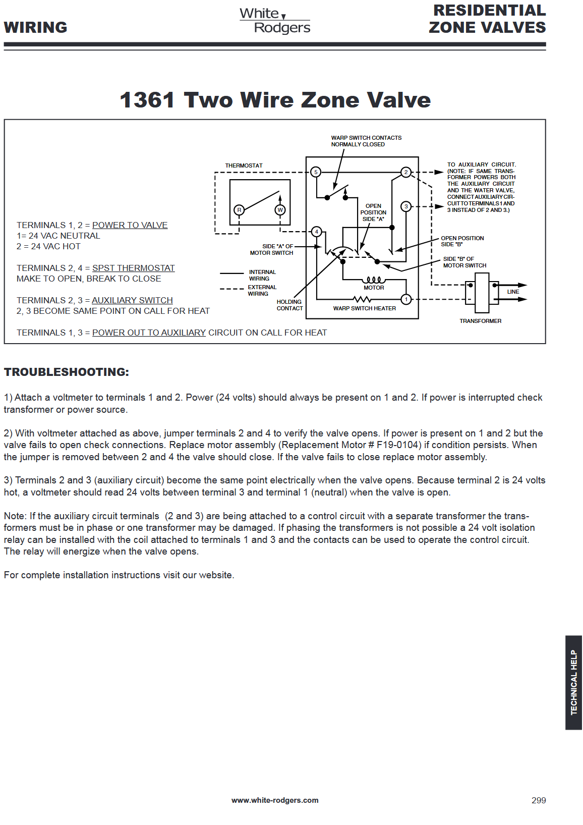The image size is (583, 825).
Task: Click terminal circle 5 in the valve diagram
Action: click(316, 172)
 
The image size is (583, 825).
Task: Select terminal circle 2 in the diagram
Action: click(406, 172)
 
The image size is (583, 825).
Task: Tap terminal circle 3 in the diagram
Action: click(406, 206)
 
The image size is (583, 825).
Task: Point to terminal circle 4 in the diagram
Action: click(317, 232)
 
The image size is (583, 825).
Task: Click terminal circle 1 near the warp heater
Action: click(406, 299)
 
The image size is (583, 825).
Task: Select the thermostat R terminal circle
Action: click(239, 210)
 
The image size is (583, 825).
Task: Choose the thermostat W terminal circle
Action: click(280, 210)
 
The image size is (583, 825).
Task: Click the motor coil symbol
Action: click(374, 280)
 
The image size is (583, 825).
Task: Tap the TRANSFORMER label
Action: click(480, 321)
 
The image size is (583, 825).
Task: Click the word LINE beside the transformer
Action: click(513, 292)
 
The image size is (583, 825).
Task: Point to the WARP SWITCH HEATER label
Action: click(364, 308)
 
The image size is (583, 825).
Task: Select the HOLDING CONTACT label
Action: click(289, 305)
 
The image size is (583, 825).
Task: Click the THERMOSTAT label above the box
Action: click(244, 166)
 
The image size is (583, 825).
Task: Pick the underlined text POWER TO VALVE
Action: click(130, 225)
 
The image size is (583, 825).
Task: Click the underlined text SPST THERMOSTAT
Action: click(133, 268)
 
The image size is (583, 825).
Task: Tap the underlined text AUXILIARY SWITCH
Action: click(132, 300)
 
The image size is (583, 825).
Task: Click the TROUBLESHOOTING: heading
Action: click(67, 372)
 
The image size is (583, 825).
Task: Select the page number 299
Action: click(539, 800)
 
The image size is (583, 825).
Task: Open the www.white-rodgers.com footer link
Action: click(275, 800)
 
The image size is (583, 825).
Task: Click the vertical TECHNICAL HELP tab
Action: click(573, 682)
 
